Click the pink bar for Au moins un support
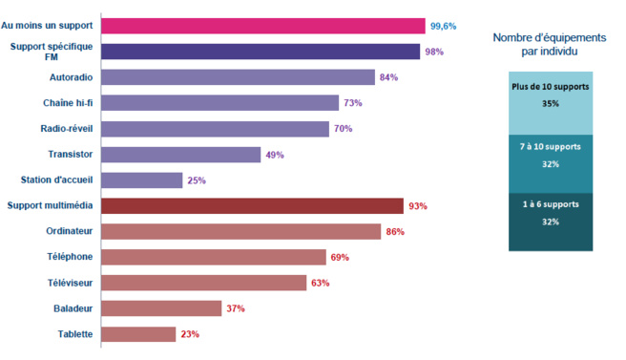[x=262, y=26]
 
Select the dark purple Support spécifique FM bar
[x=260, y=52]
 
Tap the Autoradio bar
[x=238, y=77]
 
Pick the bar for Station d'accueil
[x=141, y=180]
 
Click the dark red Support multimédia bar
[x=252, y=205]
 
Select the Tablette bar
[x=138, y=334]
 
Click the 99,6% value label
[x=444, y=26]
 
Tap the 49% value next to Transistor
[x=274, y=155]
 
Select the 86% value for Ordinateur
[x=394, y=232]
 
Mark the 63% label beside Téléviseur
[x=320, y=283]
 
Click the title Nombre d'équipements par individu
[x=549, y=44]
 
